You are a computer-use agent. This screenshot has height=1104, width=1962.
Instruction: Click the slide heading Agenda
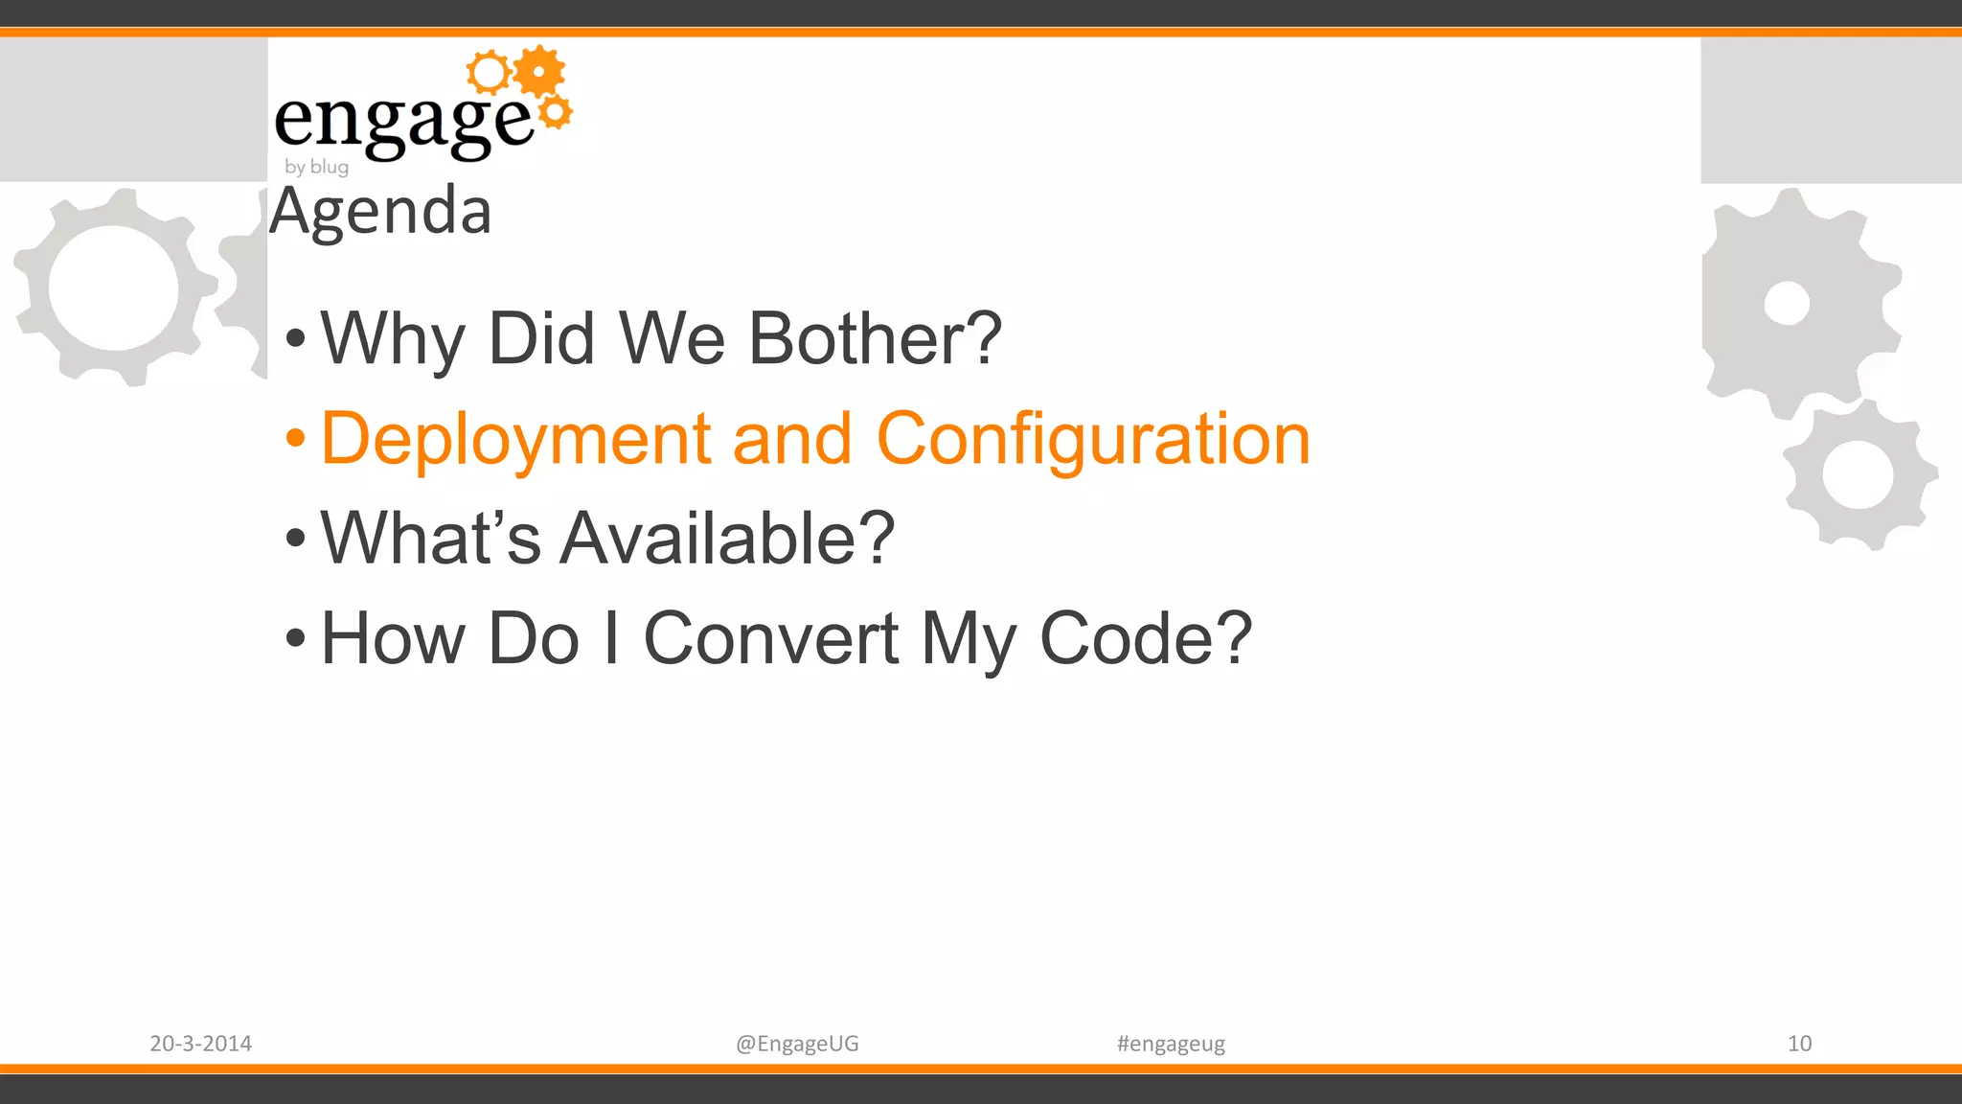click(x=380, y=212)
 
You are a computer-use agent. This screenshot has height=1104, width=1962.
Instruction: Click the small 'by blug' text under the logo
click(x=316, y=167)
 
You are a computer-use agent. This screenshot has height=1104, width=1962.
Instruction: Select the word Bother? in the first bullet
click(x=874, y=338)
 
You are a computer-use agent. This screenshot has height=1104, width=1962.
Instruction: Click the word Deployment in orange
click(x=513, y=439)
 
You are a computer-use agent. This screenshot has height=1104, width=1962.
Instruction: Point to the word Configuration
click(x=1092, y=439)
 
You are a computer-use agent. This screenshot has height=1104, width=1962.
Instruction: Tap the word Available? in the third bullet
click(x=726, y=539)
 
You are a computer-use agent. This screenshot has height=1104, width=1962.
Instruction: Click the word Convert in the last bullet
click(x=770, y=638)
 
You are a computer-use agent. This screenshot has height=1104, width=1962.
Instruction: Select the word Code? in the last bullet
click(x=1146, y=638)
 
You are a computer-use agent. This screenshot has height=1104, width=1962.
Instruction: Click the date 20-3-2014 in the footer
click(x=200, y=1044)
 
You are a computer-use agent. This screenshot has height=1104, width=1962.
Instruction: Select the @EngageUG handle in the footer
click(x=797, y=1044)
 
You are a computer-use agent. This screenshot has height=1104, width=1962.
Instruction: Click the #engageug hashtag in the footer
click(x=1171, y=1044)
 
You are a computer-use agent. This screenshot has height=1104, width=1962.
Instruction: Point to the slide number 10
click(x=1799, y=1044)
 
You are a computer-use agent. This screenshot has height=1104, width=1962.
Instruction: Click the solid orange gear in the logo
click(x=539, y=71)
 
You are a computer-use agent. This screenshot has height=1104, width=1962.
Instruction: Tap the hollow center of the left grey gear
click(x=113, y=287)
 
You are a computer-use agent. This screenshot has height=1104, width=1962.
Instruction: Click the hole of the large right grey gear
click(x=1787, y=304)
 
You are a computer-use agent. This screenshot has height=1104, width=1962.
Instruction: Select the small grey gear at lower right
click(x=1859, y=474)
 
